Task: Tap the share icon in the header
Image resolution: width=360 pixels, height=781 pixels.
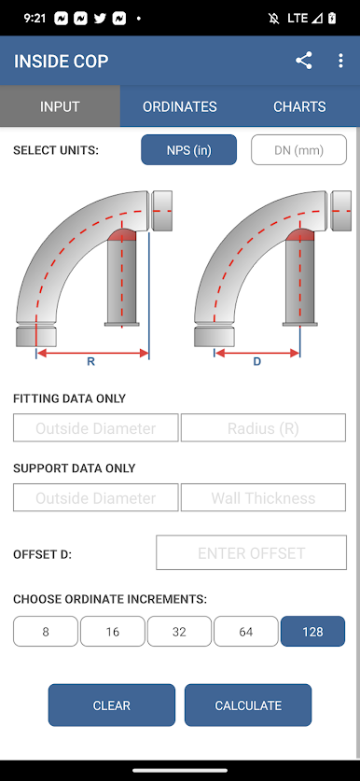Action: [304, 61]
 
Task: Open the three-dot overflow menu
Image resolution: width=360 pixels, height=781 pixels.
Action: [340, 61]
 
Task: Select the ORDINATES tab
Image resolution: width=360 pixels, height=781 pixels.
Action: [180, 106]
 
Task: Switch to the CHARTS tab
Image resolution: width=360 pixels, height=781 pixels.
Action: [299, 106]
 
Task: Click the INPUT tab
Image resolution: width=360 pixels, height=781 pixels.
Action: [60, 106]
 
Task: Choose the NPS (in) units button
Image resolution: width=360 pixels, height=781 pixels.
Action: [188, 150]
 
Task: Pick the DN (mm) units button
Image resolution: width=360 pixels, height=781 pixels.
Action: [298, 150]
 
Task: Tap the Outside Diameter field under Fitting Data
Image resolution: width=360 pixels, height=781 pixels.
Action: [96, 428]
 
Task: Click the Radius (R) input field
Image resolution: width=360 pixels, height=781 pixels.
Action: [263, 428]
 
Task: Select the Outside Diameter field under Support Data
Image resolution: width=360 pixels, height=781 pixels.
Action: [96, 497]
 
